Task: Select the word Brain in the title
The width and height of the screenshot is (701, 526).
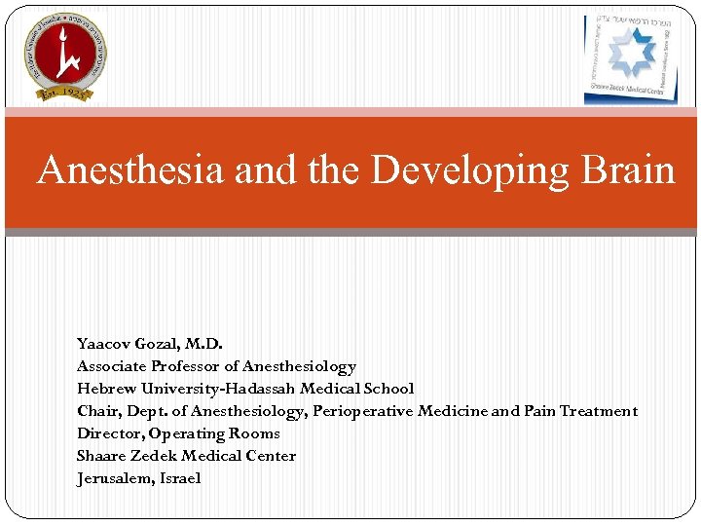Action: click(623, 170)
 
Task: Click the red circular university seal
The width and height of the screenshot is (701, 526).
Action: click(65, 56)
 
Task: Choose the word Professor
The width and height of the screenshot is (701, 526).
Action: click(187, 366)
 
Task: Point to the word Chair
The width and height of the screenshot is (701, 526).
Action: click(96, 411)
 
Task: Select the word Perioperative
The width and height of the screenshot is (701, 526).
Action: click(362, 411)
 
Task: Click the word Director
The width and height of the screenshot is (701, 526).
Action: click(109, 433)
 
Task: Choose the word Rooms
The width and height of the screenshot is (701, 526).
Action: click(254, 433)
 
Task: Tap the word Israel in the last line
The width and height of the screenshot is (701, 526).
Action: click(181, 478)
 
